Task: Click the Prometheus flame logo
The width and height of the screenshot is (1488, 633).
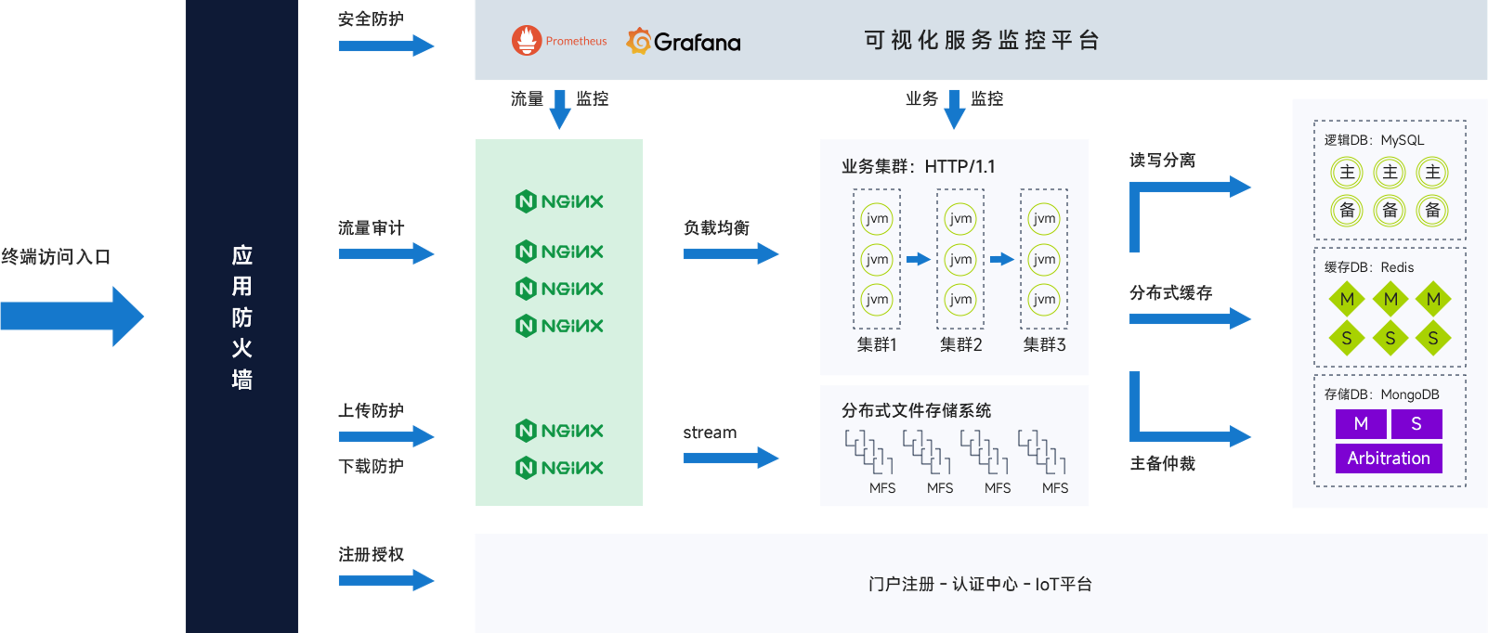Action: [x=526, y=41]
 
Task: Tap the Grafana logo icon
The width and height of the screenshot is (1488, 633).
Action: [x=638, y=41]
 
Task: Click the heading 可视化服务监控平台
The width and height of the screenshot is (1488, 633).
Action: [x=981, y=41]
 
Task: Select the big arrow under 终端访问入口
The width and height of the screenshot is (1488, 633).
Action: [x=72, y=316]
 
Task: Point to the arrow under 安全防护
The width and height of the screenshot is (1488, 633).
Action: [x=386, y=45]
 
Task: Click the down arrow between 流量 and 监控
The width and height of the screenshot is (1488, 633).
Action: [x=560, y=109]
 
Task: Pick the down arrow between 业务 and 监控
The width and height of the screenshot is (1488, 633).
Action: [x=955, y=109]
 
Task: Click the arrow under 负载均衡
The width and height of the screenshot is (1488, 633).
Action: [x=731, y=253]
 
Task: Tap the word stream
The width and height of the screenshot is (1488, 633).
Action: [x=710, y=433]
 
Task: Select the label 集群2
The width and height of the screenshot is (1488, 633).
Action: [x=960, y=345]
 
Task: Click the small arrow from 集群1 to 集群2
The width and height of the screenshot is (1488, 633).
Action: [x=918, y=259]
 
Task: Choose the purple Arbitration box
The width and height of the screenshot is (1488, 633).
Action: [x=1389, y=459]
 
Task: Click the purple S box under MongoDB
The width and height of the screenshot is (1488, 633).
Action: [x=1416, y=424]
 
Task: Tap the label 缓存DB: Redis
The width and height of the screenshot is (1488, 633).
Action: [x=1368, y=267]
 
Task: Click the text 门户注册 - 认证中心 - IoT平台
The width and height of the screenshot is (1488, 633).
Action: [x=981, y=584]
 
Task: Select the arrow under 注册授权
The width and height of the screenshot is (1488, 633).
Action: [x=386, y=581]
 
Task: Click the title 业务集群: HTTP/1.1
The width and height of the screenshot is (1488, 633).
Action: [x=918, y=166]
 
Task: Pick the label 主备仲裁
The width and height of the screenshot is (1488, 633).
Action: [x=1163, y=464]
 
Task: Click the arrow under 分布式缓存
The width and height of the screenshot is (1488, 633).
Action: [x=1190, y=318]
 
